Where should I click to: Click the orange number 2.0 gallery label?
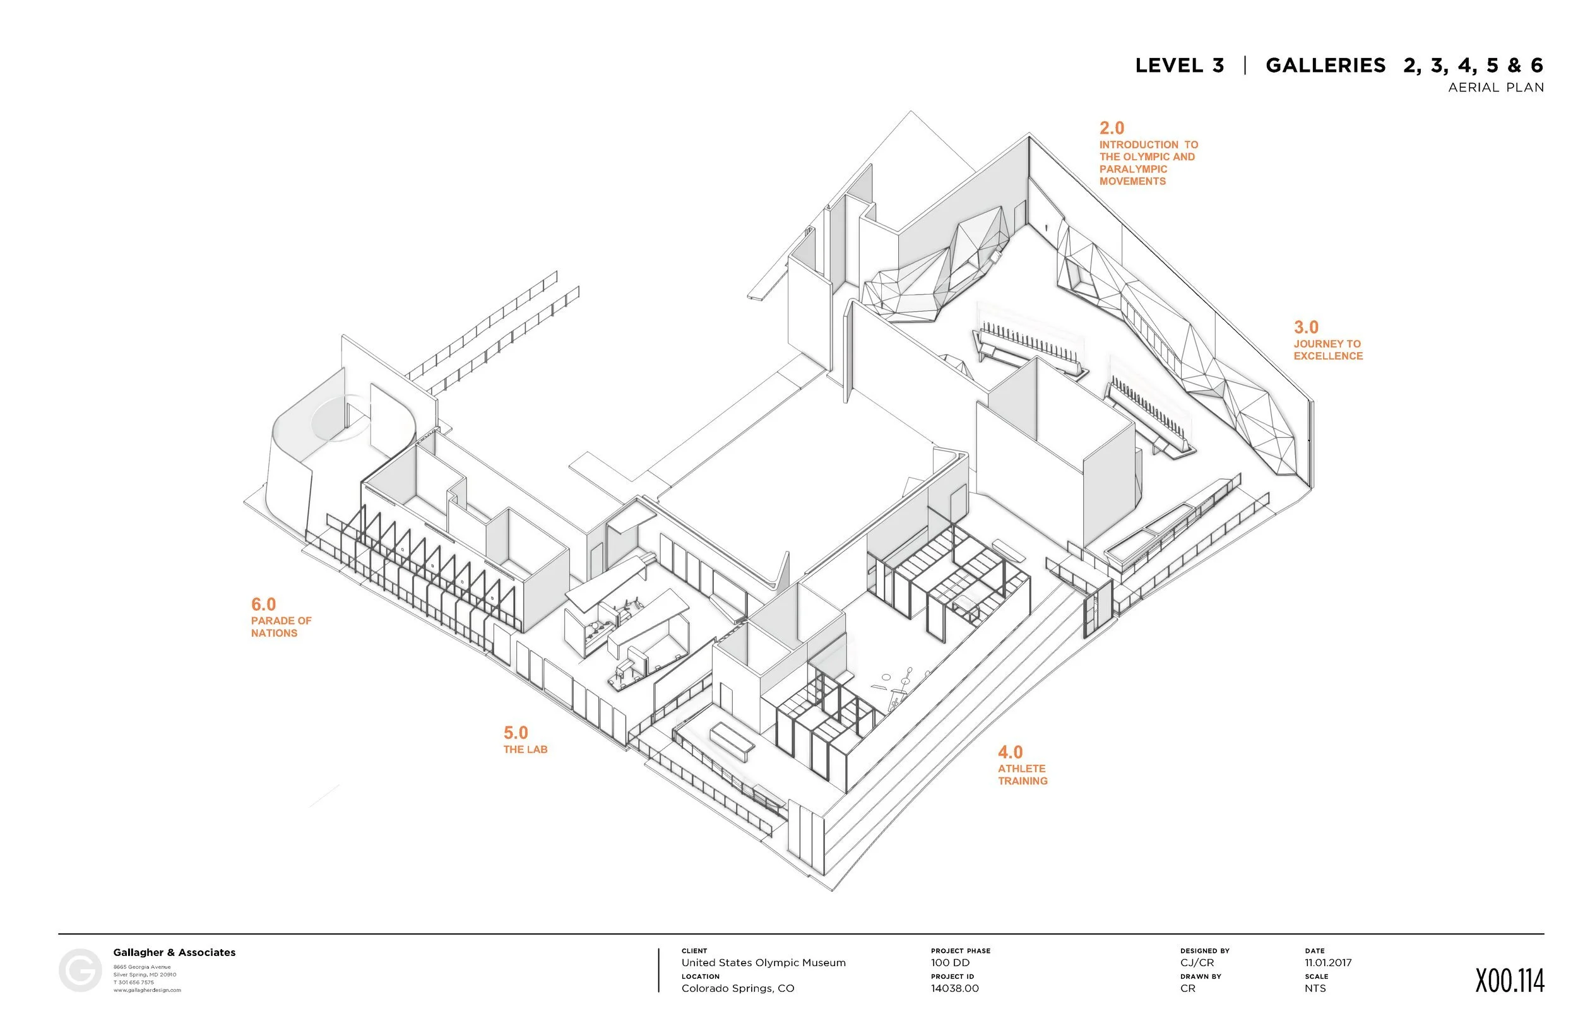(x=1112, y=128)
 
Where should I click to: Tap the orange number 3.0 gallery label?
(x=1306, y=327)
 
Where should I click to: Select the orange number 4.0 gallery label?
(x=1011, y=752)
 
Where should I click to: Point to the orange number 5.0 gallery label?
(x=516, y=733)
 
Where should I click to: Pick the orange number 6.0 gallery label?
(x=263, y=604)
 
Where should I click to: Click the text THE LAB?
(x=525, y=749)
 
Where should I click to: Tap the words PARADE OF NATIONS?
(x=280, y=627)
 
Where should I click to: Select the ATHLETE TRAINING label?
(x=1023, y=774)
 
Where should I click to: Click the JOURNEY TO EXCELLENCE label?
(x=1328, y=350)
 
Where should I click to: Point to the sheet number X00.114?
(x=1510, y=981)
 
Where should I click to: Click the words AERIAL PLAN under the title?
(x=1496, y=88)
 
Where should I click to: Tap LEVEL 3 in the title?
(x=1180, y=66)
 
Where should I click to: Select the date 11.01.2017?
(x=1328, y=963)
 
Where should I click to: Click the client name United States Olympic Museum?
(x=763, y=963)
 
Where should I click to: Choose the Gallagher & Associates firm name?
(x=174, y=952)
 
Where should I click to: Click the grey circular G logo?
(x=80, y=970)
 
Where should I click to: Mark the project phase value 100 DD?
(x=950, y=963)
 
